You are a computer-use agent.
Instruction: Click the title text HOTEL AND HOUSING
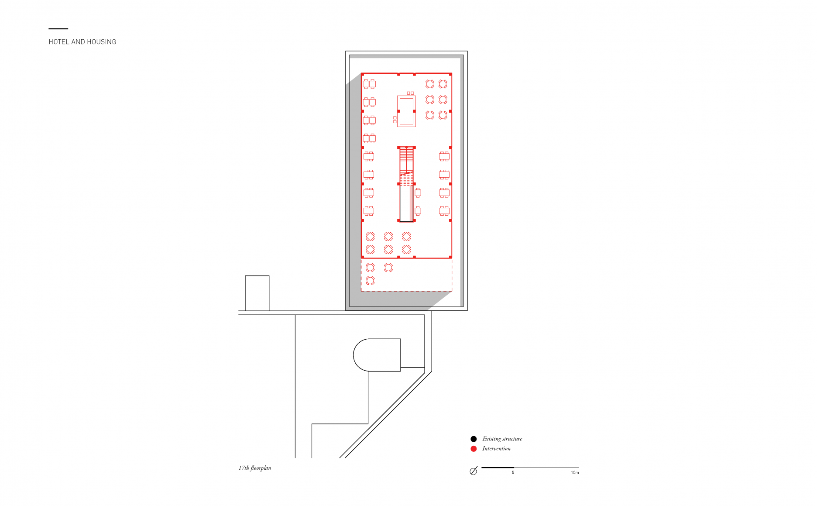point(82,42)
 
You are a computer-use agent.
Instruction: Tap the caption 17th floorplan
point(255,468)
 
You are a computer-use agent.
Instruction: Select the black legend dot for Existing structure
point(474,439)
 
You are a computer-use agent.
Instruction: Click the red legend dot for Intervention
point(474,449)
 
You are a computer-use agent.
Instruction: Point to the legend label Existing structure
point(502,439)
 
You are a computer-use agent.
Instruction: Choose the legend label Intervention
point(496,448)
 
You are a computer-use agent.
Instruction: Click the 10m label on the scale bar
point(575,472)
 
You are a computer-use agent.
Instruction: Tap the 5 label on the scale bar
point(513,472)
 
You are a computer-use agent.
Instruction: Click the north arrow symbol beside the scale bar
point(474,471)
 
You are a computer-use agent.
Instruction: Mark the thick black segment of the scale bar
point(498,468)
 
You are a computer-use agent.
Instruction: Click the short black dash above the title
point(58,29)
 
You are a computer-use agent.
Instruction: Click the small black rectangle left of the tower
point(257,293)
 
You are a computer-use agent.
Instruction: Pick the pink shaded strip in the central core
point(412,203)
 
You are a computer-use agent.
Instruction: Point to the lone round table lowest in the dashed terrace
point(370,280)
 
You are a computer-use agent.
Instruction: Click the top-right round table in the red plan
point(443,84)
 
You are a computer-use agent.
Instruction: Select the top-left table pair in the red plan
point(369,84)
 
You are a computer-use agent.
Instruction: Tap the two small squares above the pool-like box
point(410,93)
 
